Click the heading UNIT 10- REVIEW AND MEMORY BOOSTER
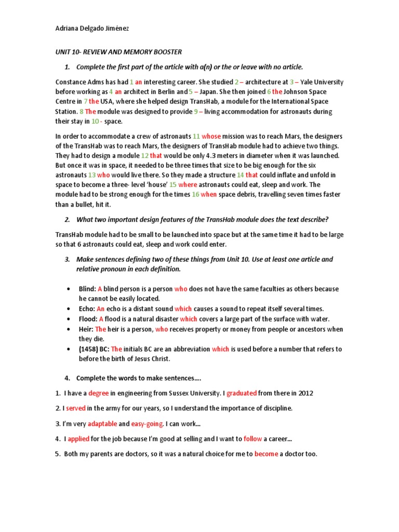click(x=119, y=52)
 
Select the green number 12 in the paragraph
click(x=145, y=155)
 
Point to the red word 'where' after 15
click(x=188, y=184)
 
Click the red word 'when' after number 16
click(x=209, y=194)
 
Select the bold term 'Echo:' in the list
click(x=87, y=309)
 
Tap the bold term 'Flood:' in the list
click(x=88, y=319)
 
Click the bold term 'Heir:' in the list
click(x=86, y=329)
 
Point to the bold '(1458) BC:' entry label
click(x=94, y=349)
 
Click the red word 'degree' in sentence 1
click(x=98, y=393)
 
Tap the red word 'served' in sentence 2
click(x=75, y=408)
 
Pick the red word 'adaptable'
click(x=102, y=423)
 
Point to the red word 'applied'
click(x=79, y=439)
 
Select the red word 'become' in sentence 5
click(x=266, y=454)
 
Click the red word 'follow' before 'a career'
click(x=253, y=439)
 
